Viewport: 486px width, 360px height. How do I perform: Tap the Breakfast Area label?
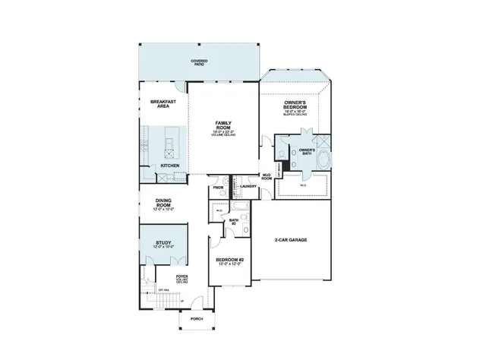[x=163, y=104]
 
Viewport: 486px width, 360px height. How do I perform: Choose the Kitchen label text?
[x=170, y=165]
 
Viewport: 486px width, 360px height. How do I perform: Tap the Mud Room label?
[x=267, y=178]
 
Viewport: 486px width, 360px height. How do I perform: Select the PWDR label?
[x=218, y=186]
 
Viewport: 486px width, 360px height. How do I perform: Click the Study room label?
[x=163, y=243]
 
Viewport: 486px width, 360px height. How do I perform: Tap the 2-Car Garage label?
[x=291, y=240]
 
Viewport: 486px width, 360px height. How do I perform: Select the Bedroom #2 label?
[x=229, y=261]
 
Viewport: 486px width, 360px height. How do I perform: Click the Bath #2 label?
[x=234, y=221]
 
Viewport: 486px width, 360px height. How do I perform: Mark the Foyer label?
[x=182, y=276]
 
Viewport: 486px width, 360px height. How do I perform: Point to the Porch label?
[x=197, y=319]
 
